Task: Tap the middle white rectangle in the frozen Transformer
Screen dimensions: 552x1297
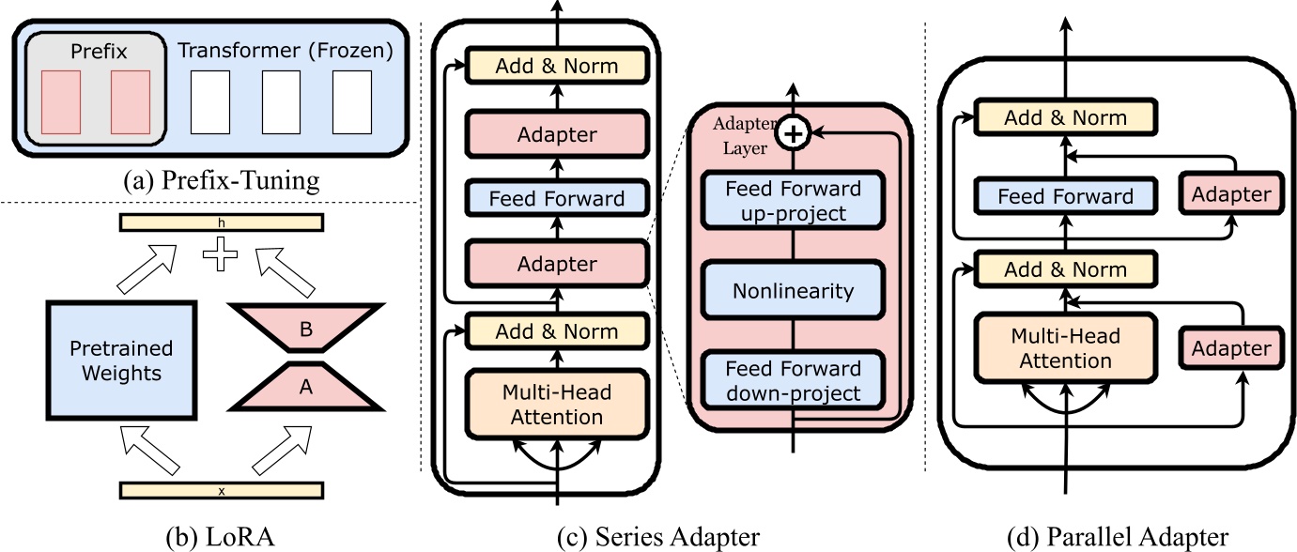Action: (280, 100)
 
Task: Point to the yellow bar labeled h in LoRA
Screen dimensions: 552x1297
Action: (222, 222)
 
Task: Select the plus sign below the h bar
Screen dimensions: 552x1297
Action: (222, 254)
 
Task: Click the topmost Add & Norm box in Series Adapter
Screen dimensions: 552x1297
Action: (558, 66)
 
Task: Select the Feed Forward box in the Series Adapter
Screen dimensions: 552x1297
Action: (558, 199)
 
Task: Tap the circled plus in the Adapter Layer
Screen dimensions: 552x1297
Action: (794, 135)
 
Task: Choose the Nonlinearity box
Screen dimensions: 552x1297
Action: (794, 291)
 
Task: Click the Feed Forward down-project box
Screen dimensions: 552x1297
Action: (794, 380)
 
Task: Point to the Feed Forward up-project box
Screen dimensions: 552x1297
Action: (794, 201)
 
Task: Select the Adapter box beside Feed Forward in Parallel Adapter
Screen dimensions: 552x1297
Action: (1230, 195)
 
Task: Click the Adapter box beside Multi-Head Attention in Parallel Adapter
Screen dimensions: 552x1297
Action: (1230, 348)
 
